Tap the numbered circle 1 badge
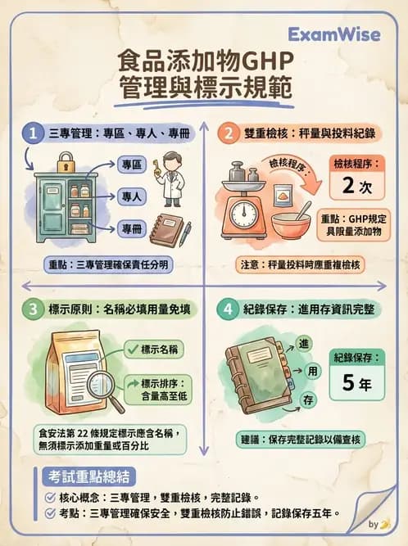32,133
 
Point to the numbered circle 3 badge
32,309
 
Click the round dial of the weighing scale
245,214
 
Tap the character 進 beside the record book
303,342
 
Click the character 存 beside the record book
308,399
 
